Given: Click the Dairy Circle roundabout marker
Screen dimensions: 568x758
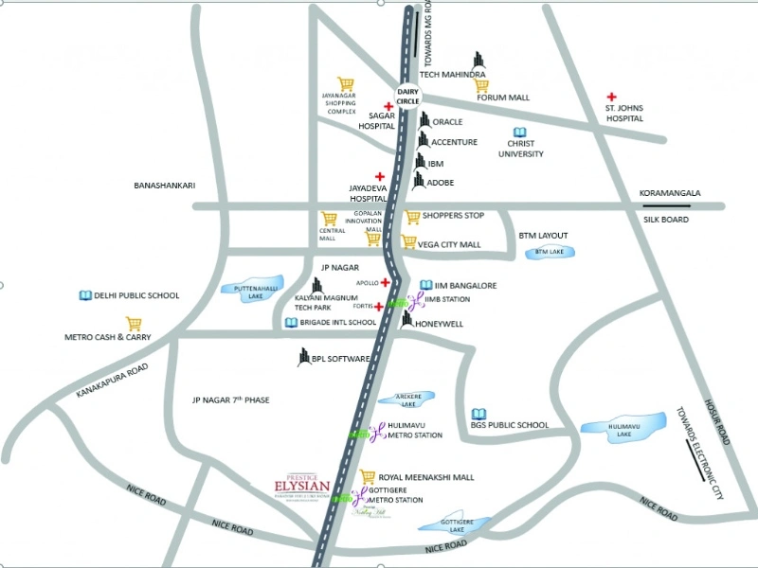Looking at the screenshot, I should [x=407, y=95].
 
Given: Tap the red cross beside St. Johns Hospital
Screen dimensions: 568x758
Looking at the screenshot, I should [x=612, y=98].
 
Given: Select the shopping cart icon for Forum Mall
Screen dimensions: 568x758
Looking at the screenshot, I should [x=481, y=85].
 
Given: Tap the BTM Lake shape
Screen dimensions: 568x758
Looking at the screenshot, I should [x=549, y=252].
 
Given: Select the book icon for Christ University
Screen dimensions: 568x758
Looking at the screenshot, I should [x=519, y=133].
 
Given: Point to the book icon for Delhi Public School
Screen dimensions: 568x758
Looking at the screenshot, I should [x=85, y=295].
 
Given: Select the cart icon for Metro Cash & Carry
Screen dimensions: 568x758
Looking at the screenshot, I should [x=134, y=324].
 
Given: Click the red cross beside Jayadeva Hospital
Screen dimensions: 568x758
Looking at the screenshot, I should [x=380, y=176].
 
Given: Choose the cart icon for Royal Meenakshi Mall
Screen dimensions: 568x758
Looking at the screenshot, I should [x=369, y=477].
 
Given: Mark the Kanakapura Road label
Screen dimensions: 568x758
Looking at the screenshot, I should [x=114, y=381].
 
